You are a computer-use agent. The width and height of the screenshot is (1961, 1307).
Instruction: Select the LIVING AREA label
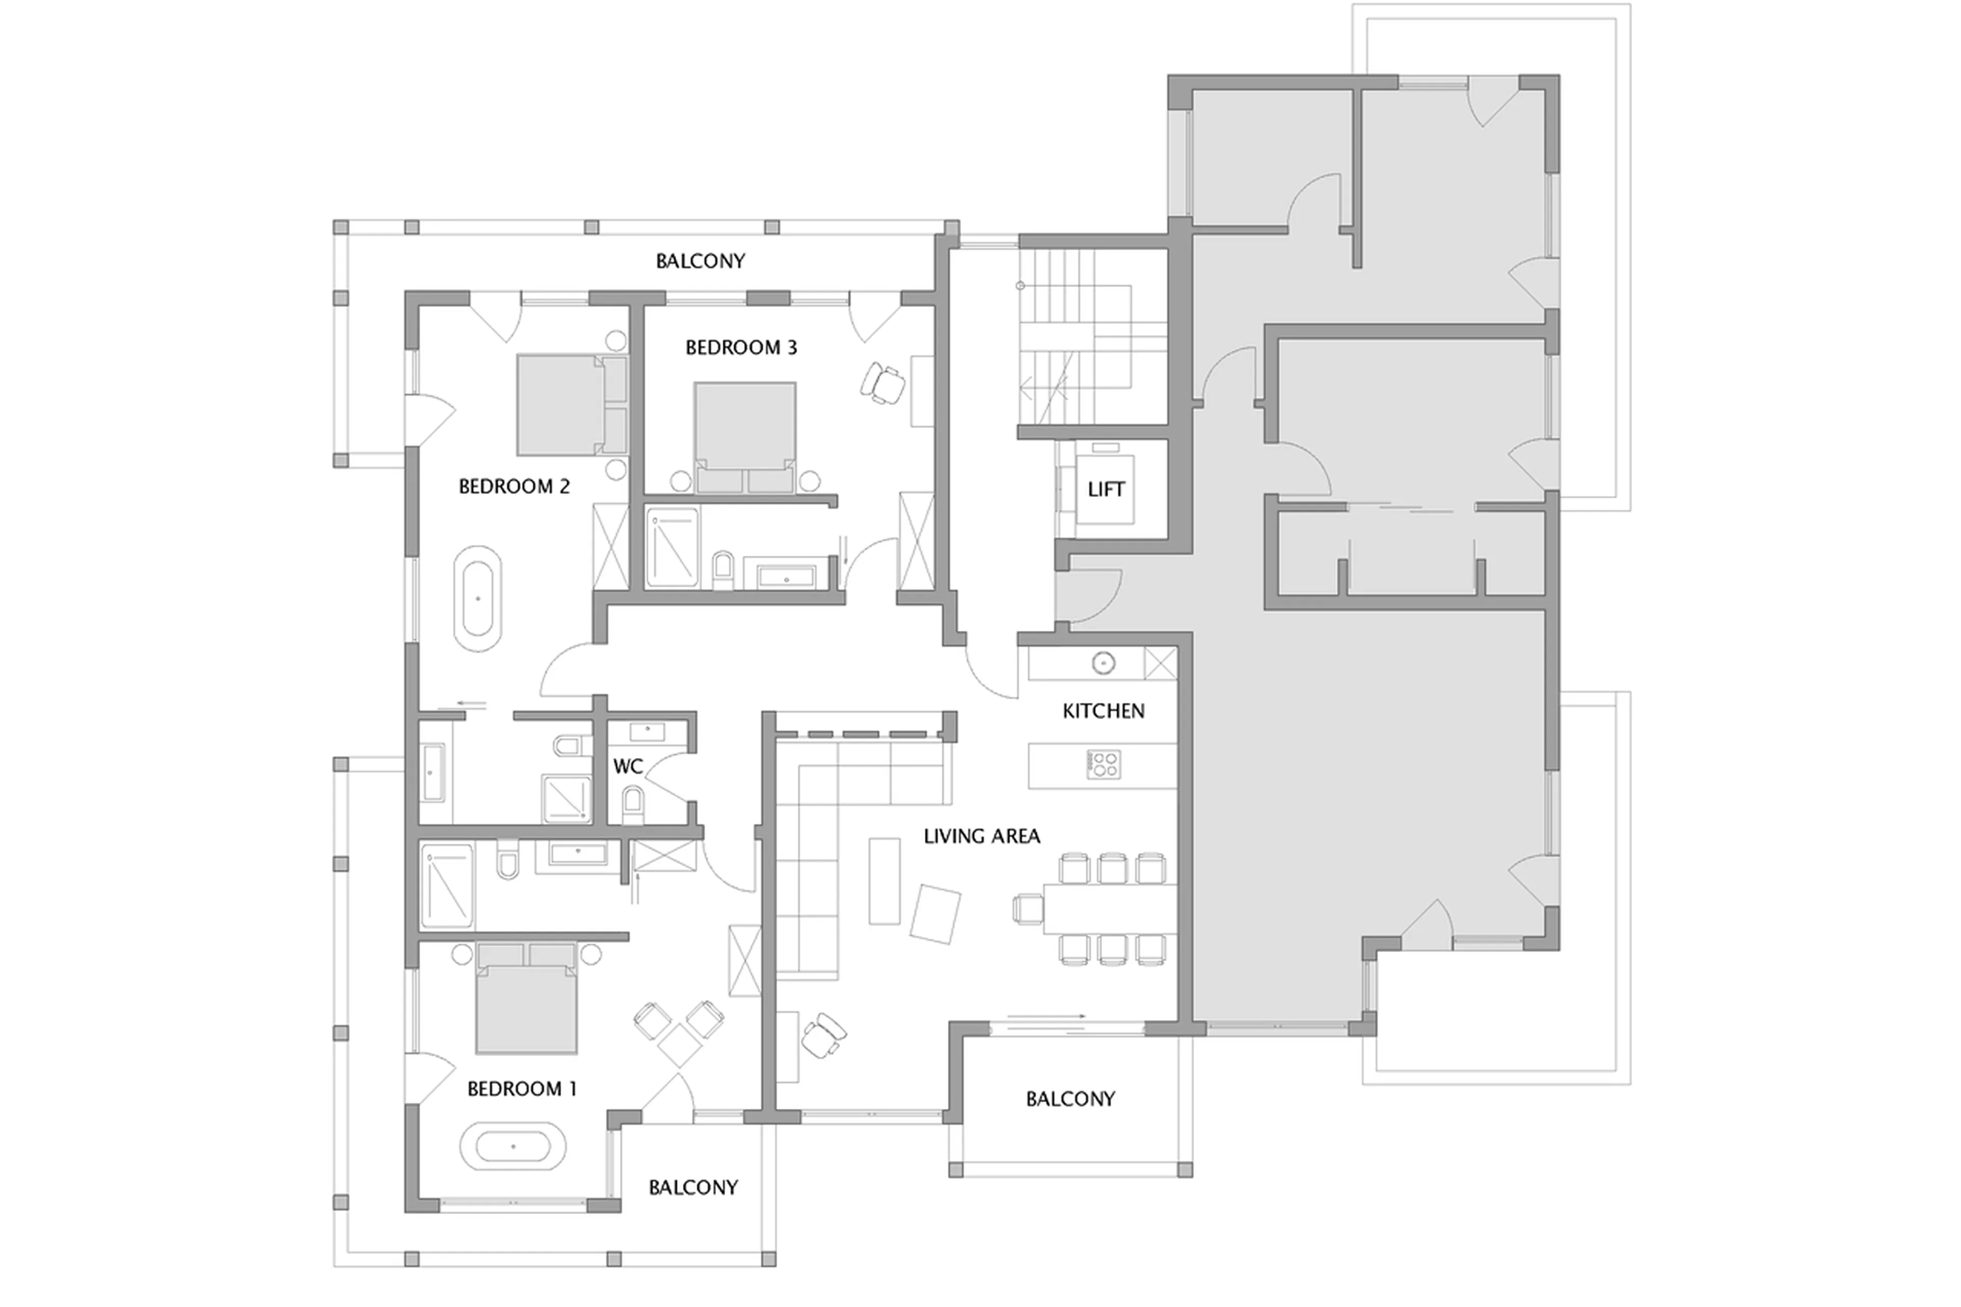click(x=981, y=836)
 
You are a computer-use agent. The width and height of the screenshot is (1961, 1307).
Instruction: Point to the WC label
click(x=628, y=767)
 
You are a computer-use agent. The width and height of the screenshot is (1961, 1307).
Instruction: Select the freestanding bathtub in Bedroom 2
click(x=477, y=599)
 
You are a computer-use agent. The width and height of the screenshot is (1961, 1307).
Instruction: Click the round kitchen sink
click(x=1104, y=663)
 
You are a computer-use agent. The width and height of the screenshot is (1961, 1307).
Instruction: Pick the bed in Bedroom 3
click(x=744, y=435)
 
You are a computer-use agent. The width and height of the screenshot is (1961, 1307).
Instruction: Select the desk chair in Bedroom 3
click(x=882, y=383)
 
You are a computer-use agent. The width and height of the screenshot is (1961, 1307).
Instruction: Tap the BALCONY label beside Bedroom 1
click(x=692, y=1187)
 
